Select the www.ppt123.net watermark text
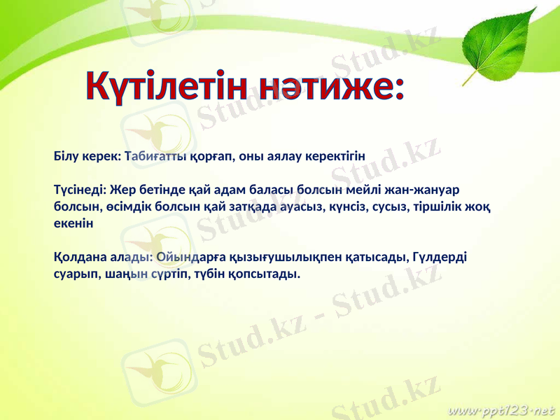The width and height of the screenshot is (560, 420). pos(501,407)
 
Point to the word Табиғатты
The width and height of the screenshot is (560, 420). pos(154,155)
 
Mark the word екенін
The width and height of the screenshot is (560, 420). pos(72,223)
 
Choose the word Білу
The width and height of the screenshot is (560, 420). pos(67,155)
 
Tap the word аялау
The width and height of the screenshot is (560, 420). pos(281,155)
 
